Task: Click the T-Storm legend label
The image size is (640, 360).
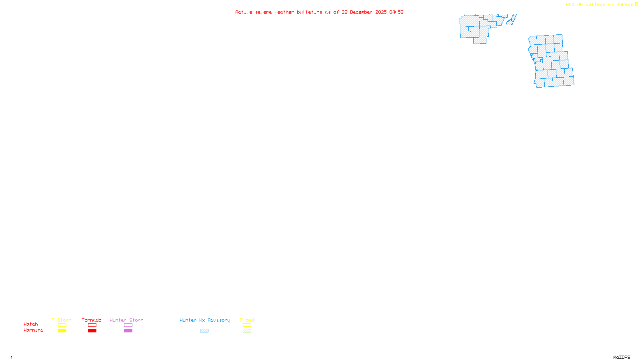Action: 62,320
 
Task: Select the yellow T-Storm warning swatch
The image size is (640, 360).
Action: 62,331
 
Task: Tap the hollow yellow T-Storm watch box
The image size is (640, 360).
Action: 62,325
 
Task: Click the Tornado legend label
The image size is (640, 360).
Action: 92,320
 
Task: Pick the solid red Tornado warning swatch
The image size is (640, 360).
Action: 92,331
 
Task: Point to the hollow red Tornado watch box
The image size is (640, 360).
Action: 92,325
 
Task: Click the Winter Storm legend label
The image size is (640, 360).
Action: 126,320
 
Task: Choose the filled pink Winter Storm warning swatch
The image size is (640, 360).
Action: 128,331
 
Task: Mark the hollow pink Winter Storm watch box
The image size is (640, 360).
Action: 128,325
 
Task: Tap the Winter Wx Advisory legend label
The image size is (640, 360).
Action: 205,320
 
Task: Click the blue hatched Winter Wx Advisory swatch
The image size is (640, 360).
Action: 204,331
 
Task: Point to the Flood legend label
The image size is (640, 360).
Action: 247,320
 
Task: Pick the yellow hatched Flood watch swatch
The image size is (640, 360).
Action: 247,325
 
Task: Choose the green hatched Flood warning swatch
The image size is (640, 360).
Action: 247,331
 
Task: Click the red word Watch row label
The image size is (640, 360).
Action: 31,324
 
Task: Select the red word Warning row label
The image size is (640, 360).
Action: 33,330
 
